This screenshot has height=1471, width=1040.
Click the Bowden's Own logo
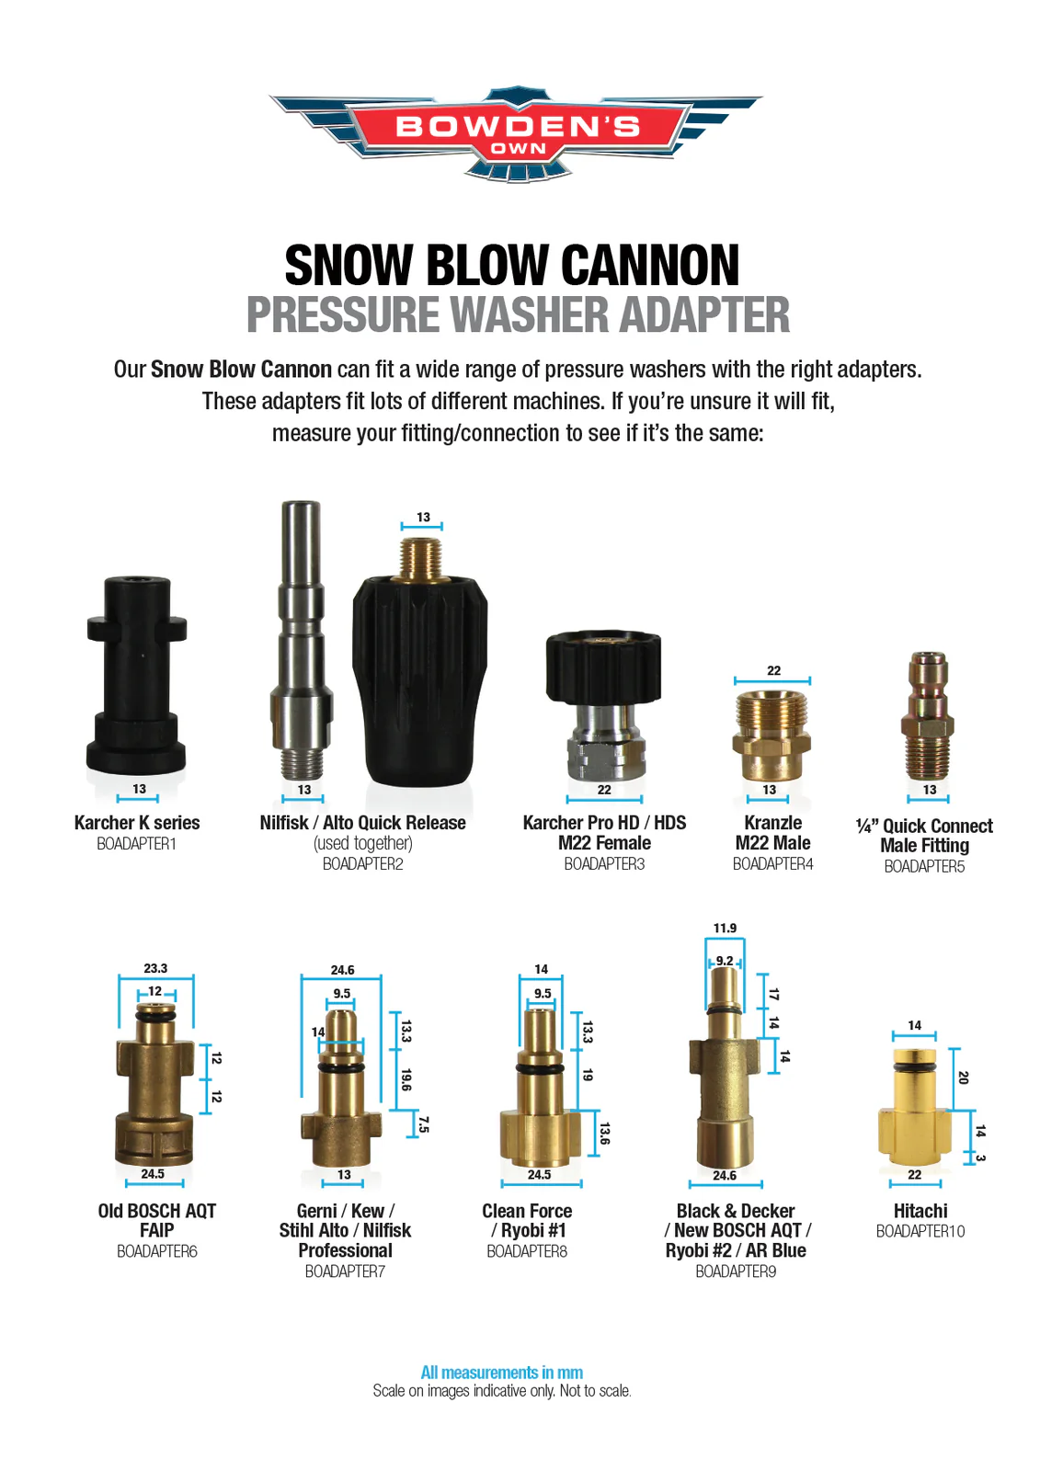click(x=517, y=134)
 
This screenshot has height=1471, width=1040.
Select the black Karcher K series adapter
click(x=137, y=675)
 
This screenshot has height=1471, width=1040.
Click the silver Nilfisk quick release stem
click(x=302, y=640)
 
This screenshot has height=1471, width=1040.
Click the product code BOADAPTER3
click(x=604, y=863)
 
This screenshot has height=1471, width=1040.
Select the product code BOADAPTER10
click(x=920, y=1231)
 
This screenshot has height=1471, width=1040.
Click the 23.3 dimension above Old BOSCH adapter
click(x=155, y=968)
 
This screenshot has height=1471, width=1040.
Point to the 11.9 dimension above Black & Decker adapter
click(x=725, y=928)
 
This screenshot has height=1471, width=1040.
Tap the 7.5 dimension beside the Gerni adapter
click(x=424, y=1125)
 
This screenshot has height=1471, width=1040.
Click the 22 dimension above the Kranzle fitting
click(x=774, y=670)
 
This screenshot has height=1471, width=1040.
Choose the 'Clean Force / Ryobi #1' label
click(x=527, y=1220)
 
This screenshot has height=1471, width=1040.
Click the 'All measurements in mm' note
click(x=501, y=1373)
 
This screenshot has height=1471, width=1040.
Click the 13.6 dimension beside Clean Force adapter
click(x=605, y=1134)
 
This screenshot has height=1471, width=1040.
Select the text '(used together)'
click(x=362, y=842)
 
